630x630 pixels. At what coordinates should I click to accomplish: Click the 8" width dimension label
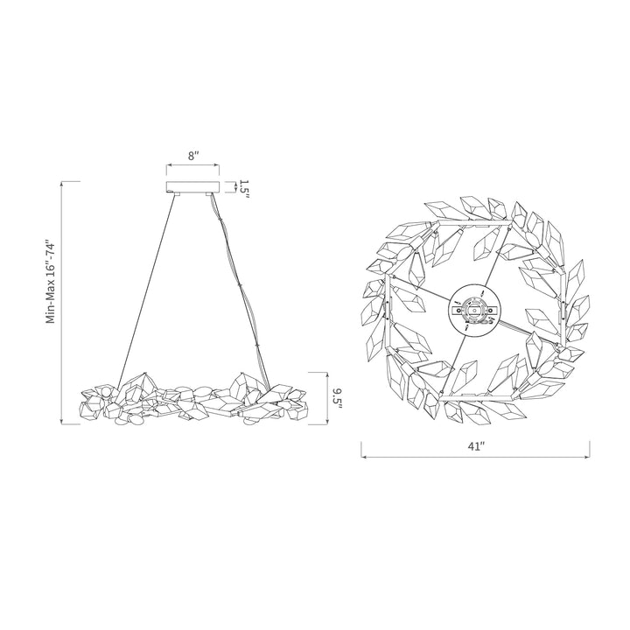194,156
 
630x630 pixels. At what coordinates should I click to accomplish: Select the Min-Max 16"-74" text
50,282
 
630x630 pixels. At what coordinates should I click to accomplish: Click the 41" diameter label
476,446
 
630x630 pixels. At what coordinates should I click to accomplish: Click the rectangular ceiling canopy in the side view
193,187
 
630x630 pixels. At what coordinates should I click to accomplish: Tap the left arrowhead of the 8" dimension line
169,164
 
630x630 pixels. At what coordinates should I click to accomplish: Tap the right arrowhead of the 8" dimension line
217,164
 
